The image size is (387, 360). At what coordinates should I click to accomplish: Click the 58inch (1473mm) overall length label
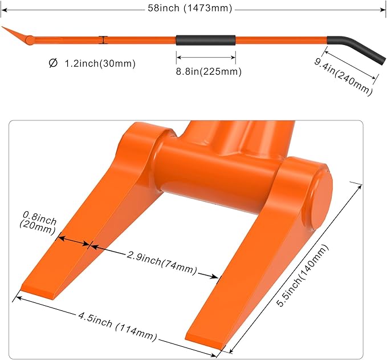coord(190,8)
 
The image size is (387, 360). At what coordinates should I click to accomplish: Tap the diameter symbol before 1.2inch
coord(53,63)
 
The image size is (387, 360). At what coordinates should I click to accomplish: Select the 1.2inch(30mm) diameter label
coord(100,63)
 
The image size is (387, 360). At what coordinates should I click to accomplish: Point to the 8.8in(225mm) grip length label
coord(209,72)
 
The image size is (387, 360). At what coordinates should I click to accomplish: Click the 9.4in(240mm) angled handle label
coord(343,76)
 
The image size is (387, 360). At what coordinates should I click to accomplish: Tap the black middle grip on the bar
coord(206,41)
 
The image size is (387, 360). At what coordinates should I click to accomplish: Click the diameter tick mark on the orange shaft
coord(103,40)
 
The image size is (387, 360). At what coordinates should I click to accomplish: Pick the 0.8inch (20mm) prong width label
coord(38,223)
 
